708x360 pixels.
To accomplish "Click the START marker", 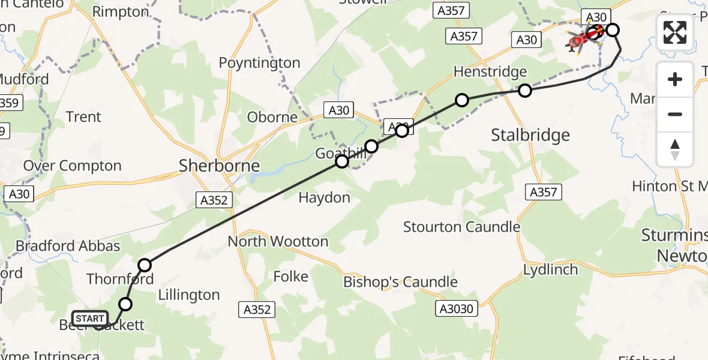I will point(90,319).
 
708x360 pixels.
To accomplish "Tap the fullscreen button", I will point(675,32).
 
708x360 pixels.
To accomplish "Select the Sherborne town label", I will point(219,166).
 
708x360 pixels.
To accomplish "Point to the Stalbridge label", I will point(530,135).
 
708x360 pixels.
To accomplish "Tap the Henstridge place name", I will point(490,72).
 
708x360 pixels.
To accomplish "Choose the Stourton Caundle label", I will point(461,227).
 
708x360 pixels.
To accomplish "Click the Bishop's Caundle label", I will point(400,282).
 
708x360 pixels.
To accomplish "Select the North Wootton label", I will point(278,242).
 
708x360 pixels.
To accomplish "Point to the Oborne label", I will point(272,117).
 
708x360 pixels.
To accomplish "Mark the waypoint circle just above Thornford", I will point(145,265).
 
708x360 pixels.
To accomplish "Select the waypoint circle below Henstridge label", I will point(525,91).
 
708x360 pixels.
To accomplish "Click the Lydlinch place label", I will point(550,269).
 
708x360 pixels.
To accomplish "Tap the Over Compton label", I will point(72,166).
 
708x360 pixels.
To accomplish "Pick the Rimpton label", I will point(121,12).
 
